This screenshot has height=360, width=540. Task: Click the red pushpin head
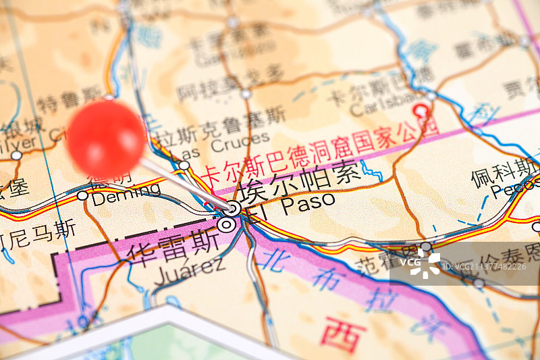click(x=106, y=139)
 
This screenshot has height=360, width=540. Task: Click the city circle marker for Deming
click(x=82, y=195)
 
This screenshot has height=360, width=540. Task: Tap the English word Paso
click(x=308, y=201)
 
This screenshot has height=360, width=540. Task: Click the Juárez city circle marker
click(x=226, y=225)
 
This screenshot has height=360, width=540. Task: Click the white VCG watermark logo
click(x=425, y=263)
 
